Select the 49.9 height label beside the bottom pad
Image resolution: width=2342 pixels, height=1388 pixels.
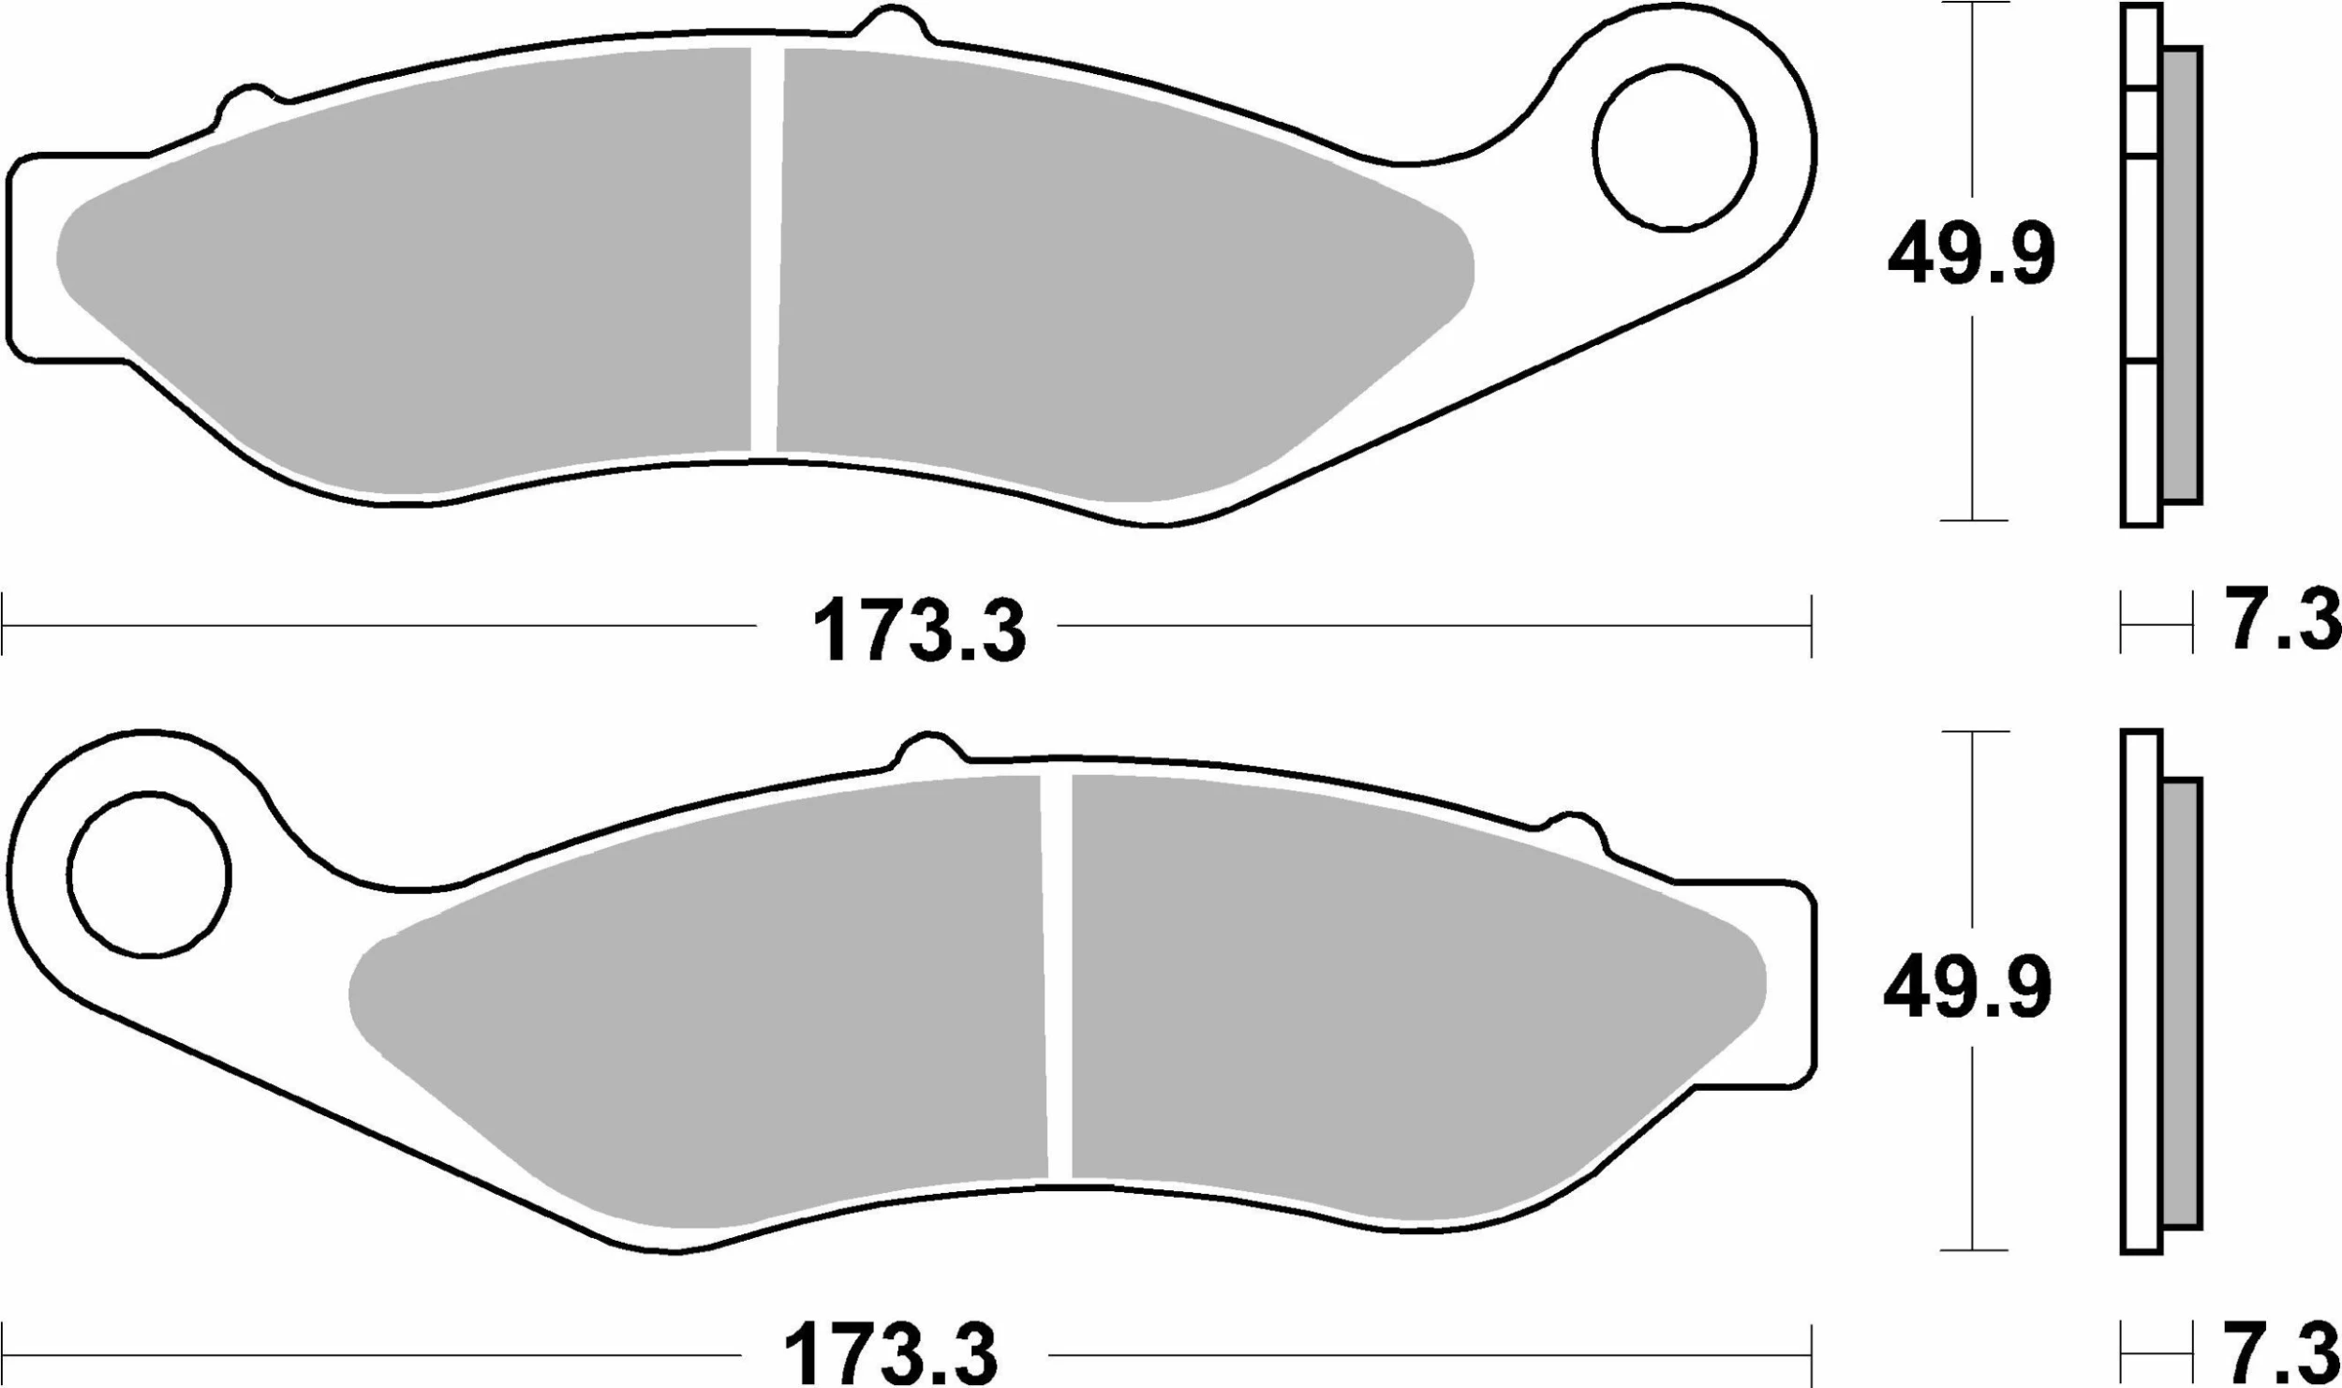coord(1968,989)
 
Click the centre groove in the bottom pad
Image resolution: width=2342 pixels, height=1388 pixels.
coord(1057,975)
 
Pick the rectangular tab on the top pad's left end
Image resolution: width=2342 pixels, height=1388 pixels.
coord(33,258)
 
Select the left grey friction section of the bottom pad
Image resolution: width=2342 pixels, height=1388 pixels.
coord(712,1012)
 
